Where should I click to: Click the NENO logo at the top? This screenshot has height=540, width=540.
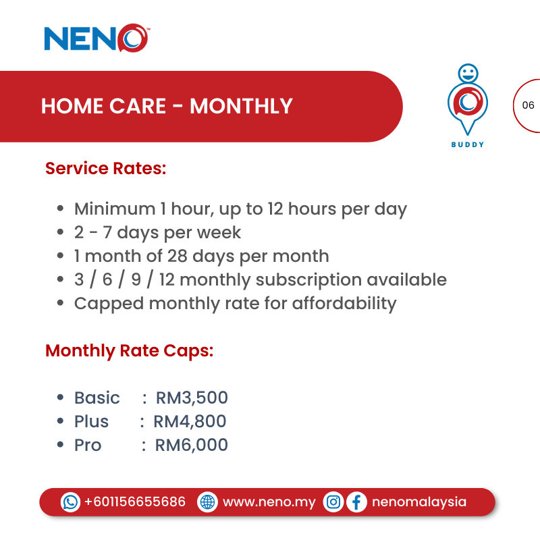pos(96,38)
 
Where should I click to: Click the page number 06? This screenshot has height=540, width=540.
pos(528,105)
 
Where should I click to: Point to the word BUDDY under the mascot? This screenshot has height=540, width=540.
pos(468,144)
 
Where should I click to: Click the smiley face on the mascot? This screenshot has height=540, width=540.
pos(467,72)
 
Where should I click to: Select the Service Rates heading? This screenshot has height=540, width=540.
pos(105,168)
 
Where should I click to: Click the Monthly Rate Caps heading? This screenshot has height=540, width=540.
pos(129,351)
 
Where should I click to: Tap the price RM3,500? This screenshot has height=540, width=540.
pos(192,398)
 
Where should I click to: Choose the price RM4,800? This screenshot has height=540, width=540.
pos(190,421)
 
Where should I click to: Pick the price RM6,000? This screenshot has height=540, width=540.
pos(192,445)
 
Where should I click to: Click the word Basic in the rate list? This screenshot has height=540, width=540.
pos(97,398)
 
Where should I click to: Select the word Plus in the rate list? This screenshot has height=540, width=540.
pos(91,421)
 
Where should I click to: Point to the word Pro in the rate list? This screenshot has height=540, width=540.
pos(88,445)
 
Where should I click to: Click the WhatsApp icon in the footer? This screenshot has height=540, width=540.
pos(70,502)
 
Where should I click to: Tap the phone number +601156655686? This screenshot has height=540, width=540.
pos(134,502)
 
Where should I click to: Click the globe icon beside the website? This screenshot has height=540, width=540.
pos(207,502)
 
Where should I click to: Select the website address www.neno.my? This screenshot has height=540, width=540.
pos(269,502)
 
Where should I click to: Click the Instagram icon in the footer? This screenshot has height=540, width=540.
pos(333,502)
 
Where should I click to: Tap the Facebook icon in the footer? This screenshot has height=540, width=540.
pos(356,502)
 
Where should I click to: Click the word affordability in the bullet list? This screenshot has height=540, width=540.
pos(344,303)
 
